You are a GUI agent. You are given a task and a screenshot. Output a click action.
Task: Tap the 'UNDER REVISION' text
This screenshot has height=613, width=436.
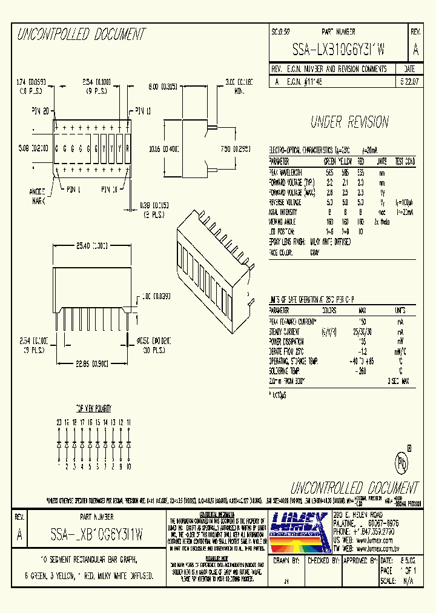point(349,122)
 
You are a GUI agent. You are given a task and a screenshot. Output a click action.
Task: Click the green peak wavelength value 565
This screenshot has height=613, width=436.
point(329,172)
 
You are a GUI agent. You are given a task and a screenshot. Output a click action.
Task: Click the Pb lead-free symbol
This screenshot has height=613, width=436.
point(401,463)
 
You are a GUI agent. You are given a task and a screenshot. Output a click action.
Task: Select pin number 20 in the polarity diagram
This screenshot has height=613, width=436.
point(59,422)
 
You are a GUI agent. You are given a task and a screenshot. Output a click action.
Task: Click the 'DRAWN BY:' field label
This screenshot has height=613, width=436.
point(287,561)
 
